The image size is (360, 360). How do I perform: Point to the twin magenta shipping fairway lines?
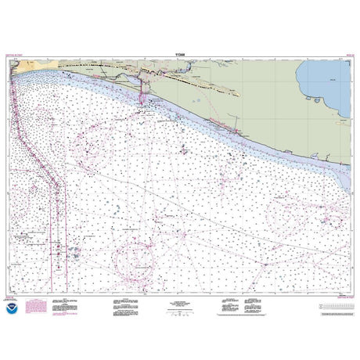[56, 211]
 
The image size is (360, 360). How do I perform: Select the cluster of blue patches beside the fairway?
[74, 250]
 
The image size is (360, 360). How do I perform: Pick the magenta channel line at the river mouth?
[141, 94]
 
